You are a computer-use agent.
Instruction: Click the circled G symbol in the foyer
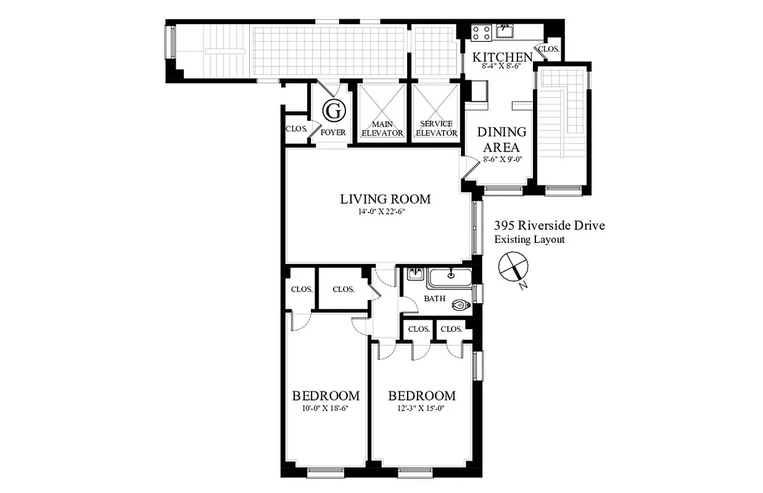tap(334, 112)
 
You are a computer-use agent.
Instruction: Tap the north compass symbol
tap(513, 267)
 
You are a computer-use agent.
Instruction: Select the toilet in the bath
tap(460, 304)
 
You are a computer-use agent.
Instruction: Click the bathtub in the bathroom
tap(450, 278)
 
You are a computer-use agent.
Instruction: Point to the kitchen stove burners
tap(481, 31)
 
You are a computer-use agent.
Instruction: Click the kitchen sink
tap(505, 30)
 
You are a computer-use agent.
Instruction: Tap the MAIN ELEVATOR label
tap(382, 128)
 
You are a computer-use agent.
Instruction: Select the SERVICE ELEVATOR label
tap(437, 128)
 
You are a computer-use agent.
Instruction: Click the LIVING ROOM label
tap(385, 199)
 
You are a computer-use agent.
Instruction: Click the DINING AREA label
tap(502, 140)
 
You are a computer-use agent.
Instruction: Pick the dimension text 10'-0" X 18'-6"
tap(325, 407)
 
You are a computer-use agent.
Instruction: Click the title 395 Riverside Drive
tap(549, 226)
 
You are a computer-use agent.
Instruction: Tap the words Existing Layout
tap(529, 239)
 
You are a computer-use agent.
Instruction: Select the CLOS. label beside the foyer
tap(297, 129)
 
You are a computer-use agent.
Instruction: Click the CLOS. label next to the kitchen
tap(548, 49)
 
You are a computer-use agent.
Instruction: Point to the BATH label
tap(434, 299)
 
